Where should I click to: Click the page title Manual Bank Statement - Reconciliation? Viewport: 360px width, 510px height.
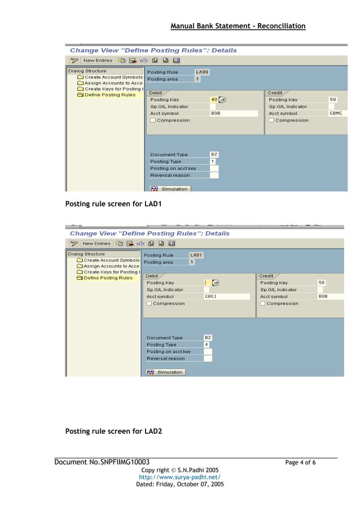[238, 26]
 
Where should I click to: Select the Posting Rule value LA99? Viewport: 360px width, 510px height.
[201, 72]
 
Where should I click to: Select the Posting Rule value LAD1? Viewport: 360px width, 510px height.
[196, 255]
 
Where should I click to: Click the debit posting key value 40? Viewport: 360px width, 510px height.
[214, 99]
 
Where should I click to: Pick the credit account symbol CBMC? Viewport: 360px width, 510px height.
[335, 114]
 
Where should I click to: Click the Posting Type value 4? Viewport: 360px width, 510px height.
[207, 345]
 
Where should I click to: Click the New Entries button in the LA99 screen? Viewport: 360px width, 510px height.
[97, 60]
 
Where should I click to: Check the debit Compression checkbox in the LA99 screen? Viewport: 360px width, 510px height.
[152, 120]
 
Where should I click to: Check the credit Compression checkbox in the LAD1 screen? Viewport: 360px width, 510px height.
[262, 303]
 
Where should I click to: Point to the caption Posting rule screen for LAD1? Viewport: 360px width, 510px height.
[113, 203]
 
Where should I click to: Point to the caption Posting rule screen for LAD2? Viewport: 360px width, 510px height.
[113, 431]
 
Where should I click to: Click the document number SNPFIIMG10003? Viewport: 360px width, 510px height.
[102, 463]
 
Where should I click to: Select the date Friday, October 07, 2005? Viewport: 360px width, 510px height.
[179, 485]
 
